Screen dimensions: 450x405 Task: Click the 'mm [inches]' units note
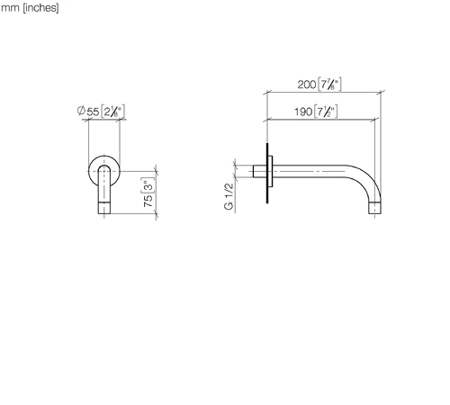tap(30, 8)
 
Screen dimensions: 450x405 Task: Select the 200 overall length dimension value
tap(306, 85)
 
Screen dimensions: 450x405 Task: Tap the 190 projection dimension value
tap(303, 112)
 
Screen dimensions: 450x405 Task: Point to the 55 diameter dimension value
tap(93, 112)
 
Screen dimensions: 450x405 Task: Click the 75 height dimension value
tap(148, 201)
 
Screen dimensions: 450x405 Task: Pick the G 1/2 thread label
tap(229, 196)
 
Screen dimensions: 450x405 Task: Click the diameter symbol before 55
tap(81, 111)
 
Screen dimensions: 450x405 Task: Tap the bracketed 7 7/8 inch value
tap(329, 85)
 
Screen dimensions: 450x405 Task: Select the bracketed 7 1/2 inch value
tap(326, 112)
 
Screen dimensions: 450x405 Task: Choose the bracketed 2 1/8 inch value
tap(112, 112)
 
